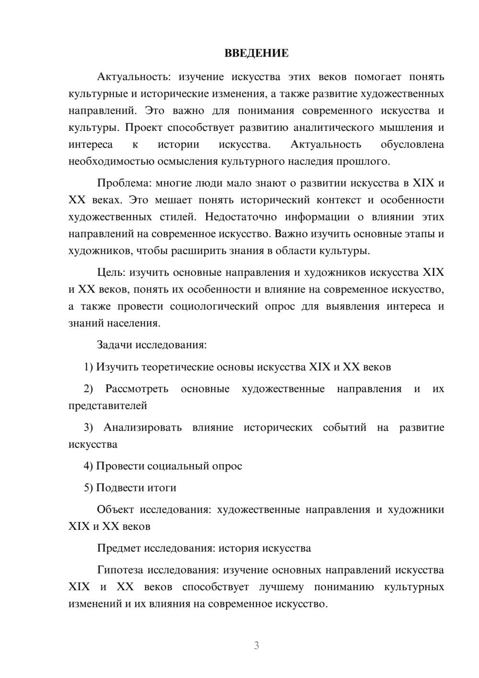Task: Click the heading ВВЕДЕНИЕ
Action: coord(256,53)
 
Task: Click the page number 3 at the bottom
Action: coord(256,645)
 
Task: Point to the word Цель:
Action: coord(111,272)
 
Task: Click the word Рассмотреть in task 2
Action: coord(137,389)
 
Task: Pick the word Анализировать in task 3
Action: coord(142,427)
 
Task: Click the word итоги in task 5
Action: coord(161,488)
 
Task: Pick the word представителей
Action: coord(108,406)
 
